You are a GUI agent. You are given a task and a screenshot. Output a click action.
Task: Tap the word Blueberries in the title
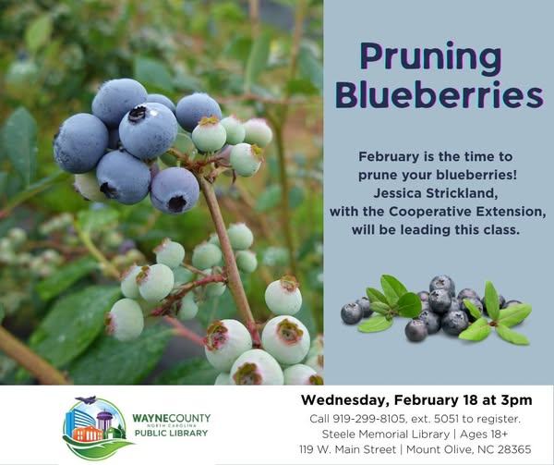(x=439, y=95)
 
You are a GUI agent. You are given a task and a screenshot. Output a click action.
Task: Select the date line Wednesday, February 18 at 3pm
(x=415, y=399)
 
